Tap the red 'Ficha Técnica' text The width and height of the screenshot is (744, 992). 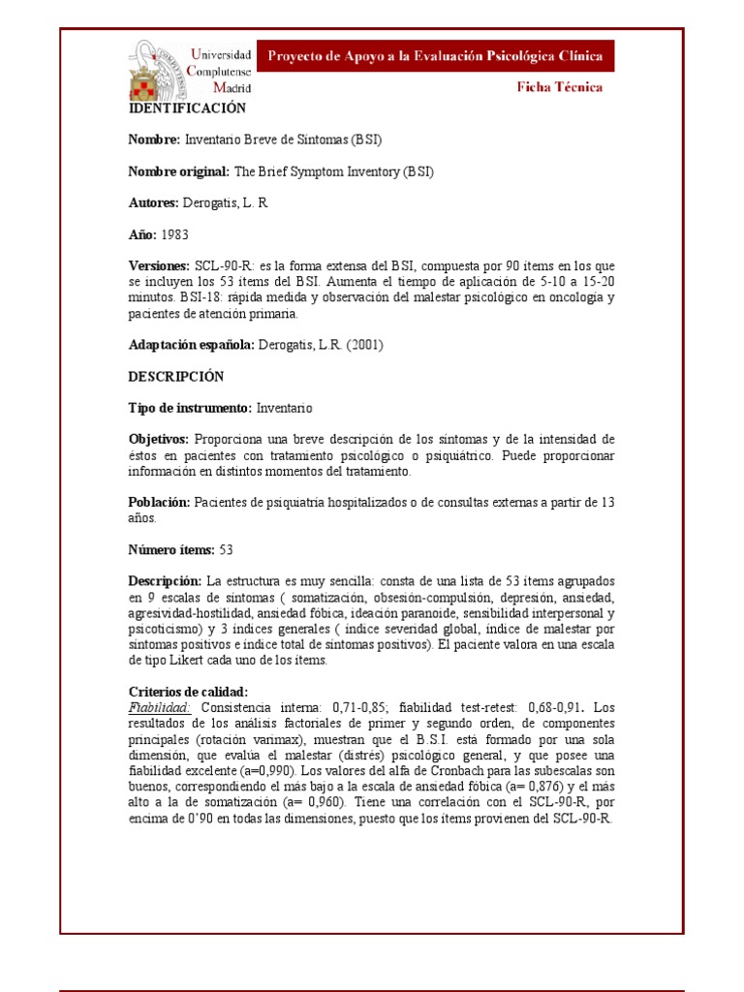558,87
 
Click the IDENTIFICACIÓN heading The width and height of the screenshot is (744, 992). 188,108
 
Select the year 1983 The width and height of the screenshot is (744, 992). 174,234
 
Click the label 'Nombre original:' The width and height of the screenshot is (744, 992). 179,171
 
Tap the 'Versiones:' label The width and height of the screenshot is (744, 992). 160,265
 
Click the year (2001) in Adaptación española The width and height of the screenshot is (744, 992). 364,345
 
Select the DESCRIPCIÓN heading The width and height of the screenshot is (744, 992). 176,376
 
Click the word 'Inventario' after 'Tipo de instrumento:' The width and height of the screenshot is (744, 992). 285,408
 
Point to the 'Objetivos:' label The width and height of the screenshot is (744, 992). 159,440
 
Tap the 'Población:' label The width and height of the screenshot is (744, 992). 160,503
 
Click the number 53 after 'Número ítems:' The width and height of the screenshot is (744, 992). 227,550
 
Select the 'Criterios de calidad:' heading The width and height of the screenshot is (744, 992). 189,692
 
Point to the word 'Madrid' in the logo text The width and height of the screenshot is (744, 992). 219,88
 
